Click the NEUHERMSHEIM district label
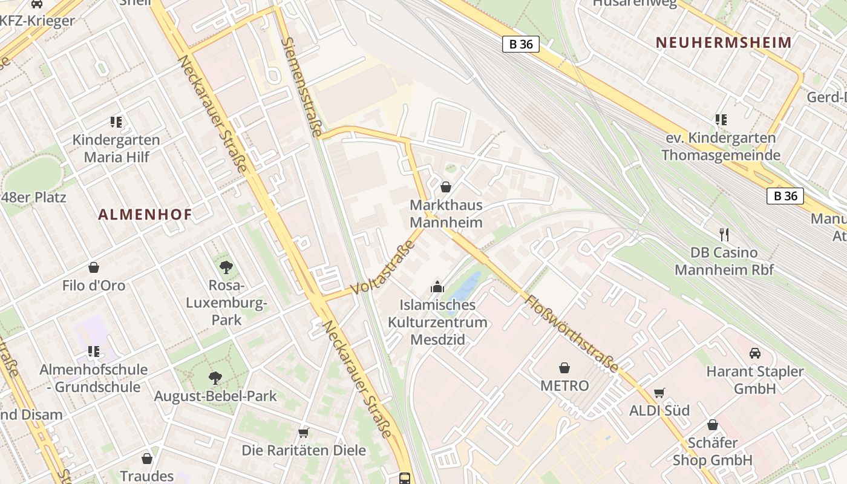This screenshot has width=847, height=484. (724, 42)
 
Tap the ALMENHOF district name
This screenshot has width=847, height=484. (145, 214)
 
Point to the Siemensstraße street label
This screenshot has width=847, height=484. (302, 87)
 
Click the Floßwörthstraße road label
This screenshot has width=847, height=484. (572, 333)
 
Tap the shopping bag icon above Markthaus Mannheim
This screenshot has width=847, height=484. (446, 187)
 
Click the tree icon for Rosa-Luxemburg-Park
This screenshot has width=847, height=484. (226, 266)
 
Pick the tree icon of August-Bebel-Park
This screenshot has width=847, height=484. (215, 378)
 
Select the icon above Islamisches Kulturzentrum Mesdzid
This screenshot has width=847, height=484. (437, 287)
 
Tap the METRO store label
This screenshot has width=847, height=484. (564, 385)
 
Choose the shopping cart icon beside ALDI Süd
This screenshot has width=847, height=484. (659, 393)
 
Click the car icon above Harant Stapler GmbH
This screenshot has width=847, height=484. (754, 353)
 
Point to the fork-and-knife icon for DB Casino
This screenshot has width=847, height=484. (724, 234)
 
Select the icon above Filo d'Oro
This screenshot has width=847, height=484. (94, 267)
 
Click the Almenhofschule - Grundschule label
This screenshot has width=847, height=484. (94, 378)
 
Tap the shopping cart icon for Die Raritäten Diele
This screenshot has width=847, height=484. (303, 433)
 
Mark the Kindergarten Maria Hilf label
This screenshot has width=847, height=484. (116, 148)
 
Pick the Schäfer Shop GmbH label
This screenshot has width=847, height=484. (712, 451)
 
